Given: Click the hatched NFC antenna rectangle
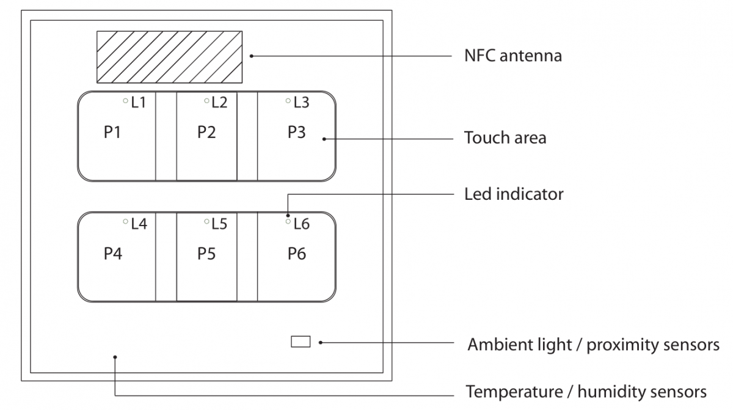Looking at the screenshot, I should coord(169,57).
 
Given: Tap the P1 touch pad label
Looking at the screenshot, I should coord(112,133).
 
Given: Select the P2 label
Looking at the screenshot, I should coord(206,133).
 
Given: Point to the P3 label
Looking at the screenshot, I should coord(297,133).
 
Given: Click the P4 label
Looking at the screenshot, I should coord(112,254).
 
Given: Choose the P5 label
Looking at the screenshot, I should coord(206,254).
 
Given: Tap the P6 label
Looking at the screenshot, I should coord(297,254).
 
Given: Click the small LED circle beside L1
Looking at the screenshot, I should coord(125,100).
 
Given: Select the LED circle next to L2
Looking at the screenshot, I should coord(206,100).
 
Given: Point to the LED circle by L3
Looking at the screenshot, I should coord(288,100).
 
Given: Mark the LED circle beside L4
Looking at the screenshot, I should coord(125,221).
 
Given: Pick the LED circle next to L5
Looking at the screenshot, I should coord(206,221).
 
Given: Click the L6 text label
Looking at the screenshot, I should coord(302,224).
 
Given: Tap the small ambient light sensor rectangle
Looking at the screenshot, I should coord(301,342).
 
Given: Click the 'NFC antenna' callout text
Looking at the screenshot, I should coord(512,56).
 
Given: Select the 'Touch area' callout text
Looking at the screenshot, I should coord(505,138).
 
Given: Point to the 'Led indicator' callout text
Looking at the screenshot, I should coord(513,194).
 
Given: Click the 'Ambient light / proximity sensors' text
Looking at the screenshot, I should coord(593,345).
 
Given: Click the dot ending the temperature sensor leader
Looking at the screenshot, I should coord(115,357).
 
